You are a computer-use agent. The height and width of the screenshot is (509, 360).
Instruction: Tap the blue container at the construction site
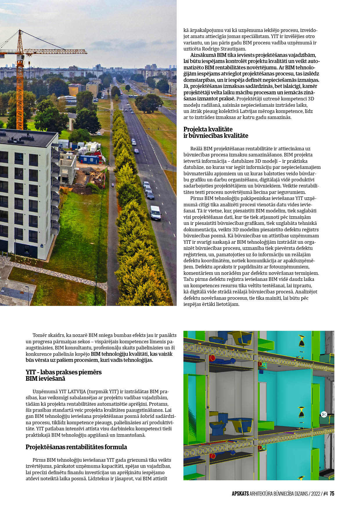tap(89, 159)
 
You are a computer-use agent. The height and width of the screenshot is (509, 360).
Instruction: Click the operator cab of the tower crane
tap(20, 57)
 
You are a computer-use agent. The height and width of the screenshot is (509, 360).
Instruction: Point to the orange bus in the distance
tap(168, 95)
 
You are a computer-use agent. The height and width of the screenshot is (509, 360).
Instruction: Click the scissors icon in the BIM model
tap(324, 414)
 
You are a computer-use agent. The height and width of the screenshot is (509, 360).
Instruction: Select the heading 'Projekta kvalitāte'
tap(208, 129)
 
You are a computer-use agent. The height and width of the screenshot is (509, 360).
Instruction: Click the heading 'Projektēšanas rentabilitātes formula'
tap(76, 447)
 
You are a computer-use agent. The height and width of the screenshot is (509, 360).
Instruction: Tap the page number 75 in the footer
tap(332, 494)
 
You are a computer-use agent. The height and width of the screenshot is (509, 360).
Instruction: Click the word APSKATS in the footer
tap(240, 494)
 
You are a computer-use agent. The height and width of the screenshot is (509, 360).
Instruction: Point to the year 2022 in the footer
tap(316, 494)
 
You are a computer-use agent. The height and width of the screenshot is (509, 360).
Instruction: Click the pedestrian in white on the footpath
tap(113, 185)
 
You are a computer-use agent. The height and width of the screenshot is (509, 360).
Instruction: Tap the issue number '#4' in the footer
tap(325, 494)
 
